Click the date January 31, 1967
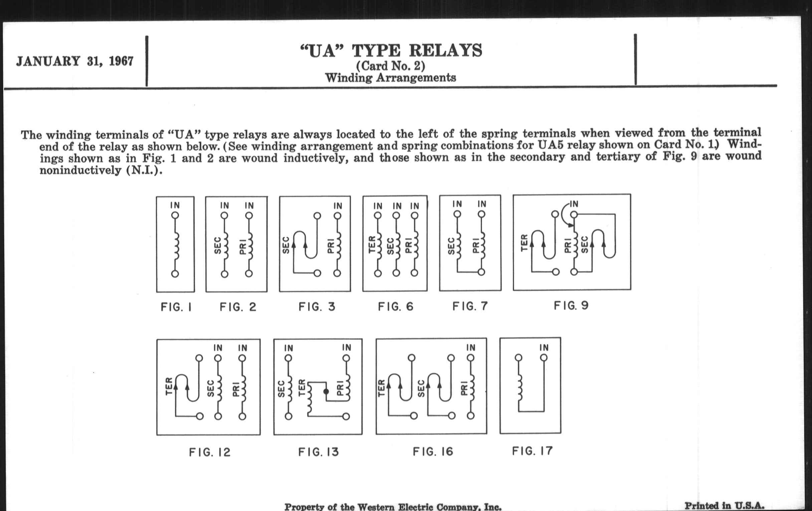pyautogui.click(x=75, y=61)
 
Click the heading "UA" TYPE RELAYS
pyautogui.click(x=391, y=51)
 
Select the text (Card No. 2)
pyautogui.click(x=391, y=66)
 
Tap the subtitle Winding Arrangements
pyautogui.click(x=391, y=78)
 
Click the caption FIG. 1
pyautogui.click(x=176, y=307)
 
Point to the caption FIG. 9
pyautogui.click(x=571, y=306)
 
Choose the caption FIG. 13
pyautogui.click(x=318, y=452)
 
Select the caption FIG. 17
pyautogui.click(x=533, y=451)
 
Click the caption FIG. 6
pyautogui.click(x=396, y=307)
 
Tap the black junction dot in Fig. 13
pyautogui.click(x=326, y=391)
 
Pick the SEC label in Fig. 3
pyautogui.click(x=285, y=245)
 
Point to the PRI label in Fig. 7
pyautogui.click(x=476, y=245)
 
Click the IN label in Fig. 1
pyautogui.click(x=175, y=205)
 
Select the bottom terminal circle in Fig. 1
pyautogui.click(x=175, y=274)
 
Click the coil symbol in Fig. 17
pyautogui.click(x=519, y=388)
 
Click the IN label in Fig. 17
pyautogui.click(x=544, y=348)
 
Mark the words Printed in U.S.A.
pyautogui.click(x=724, y=506)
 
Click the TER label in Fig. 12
pyautogui.click(x=169, y=386)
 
